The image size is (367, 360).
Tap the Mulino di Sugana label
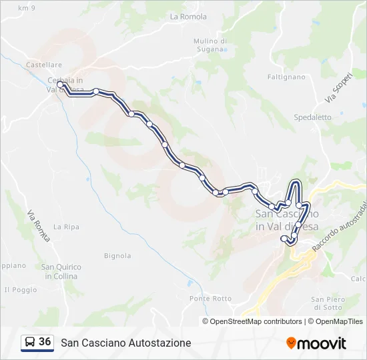[x=210, y=45]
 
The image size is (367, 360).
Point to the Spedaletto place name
[x=312, y=117]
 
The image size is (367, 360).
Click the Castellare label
[x=43, y=65]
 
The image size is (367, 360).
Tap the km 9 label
[x=27, y=8]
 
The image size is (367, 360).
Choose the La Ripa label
[x=66, y=227]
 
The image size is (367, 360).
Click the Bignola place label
[x=117, y=255]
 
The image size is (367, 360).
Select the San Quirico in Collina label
[x=61, y=271]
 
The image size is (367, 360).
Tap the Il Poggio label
[x=20, y=289]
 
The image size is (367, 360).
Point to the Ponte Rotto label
[x=210, y=298]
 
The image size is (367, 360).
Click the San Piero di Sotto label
[x=327, y=303]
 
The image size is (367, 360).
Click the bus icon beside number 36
[x=29, y=343]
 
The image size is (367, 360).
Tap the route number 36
[x=45, y=342]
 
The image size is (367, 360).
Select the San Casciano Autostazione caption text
[x=126, y=343]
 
